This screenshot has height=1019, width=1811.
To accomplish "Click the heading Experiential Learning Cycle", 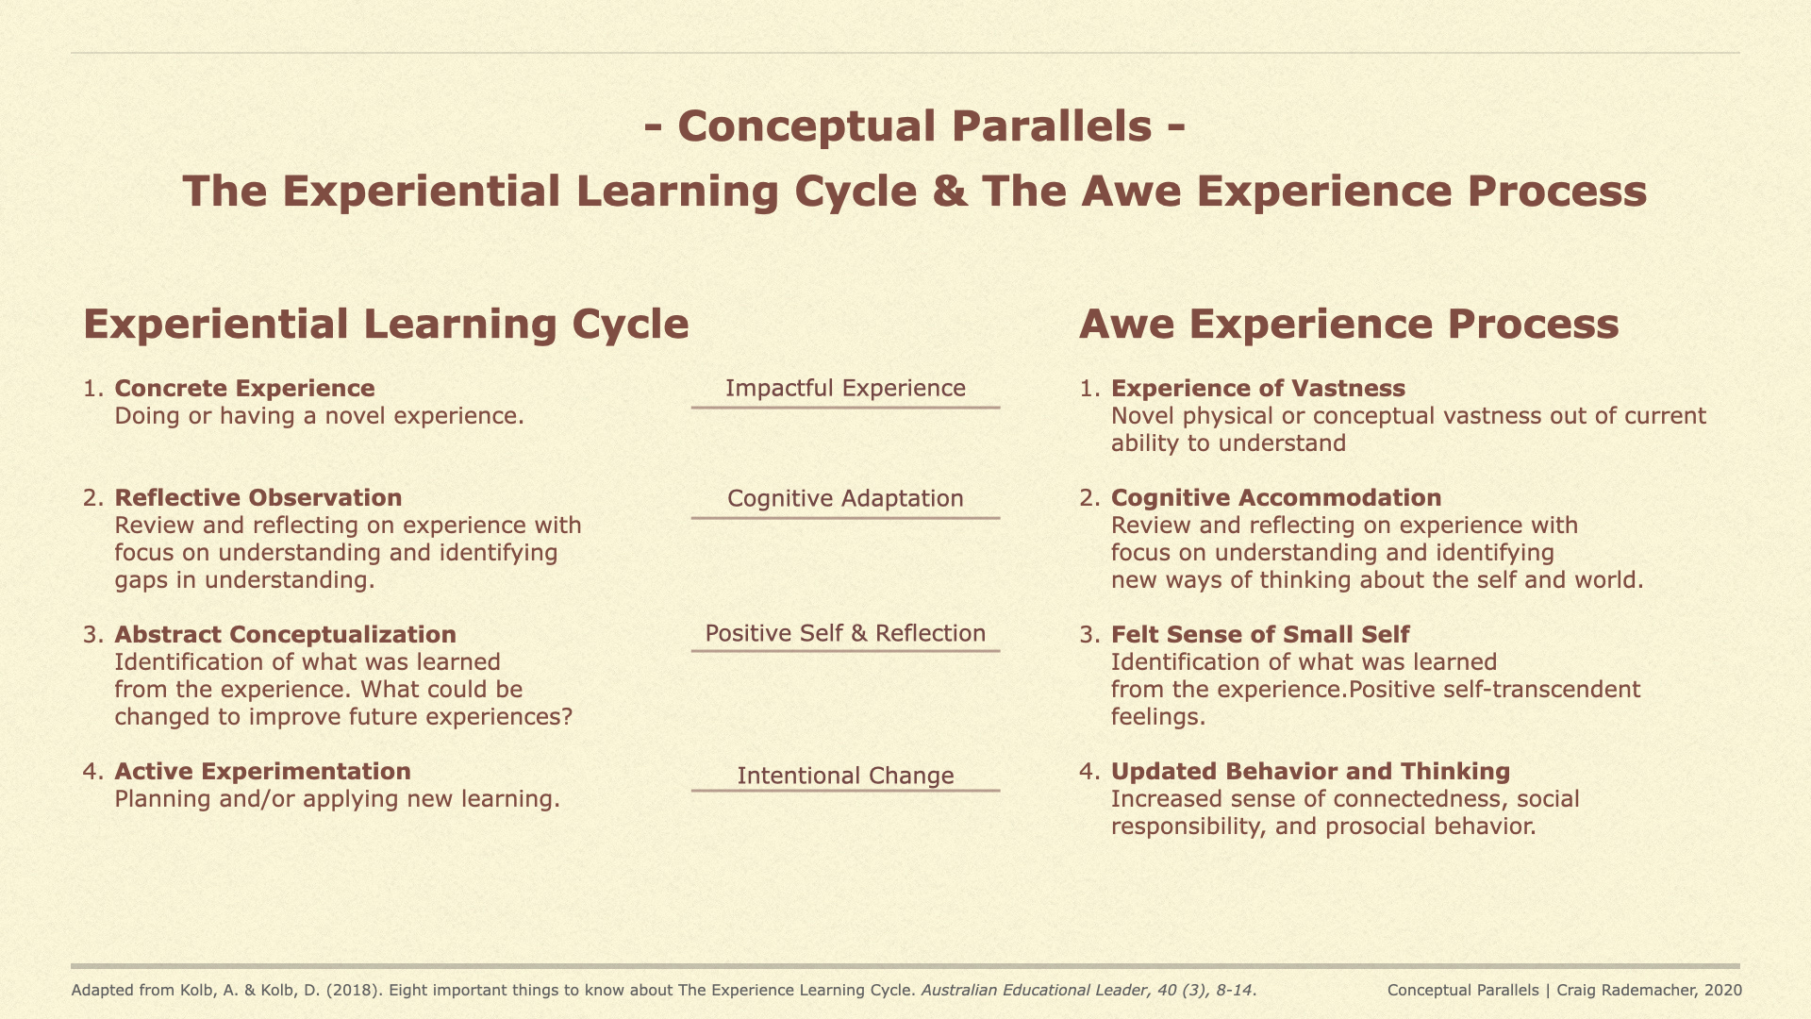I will [x=386, y=325].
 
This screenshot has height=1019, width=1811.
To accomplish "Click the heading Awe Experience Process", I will [x=1348, y=325].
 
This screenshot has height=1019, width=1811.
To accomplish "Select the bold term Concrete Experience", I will [x=244, y=389].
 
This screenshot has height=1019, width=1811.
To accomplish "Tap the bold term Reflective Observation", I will [x=258, y=498].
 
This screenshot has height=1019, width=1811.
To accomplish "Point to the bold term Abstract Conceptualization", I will [x=285, y=635].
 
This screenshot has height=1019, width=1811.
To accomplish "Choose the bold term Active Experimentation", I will [x=262, y=772].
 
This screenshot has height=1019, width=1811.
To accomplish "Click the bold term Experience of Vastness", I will [x=1257, y=389].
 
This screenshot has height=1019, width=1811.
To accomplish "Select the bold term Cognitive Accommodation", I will [x=1275, y=498].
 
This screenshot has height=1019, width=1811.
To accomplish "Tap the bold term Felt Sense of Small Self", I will [x=1259, y=635].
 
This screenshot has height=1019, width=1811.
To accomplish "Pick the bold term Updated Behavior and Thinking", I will [x=1310, y=772].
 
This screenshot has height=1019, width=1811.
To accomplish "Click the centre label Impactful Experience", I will [x=845, y=389].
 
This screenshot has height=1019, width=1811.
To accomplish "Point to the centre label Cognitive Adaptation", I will [x=845, y=499].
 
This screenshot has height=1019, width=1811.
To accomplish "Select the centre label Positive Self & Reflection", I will [x=845, y=633].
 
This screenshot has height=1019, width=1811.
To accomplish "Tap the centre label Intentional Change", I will [x=845, y=776].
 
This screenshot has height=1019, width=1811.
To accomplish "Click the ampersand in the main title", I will [x=949, y=192].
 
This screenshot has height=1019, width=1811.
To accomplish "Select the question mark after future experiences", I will [x=567, y=717].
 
